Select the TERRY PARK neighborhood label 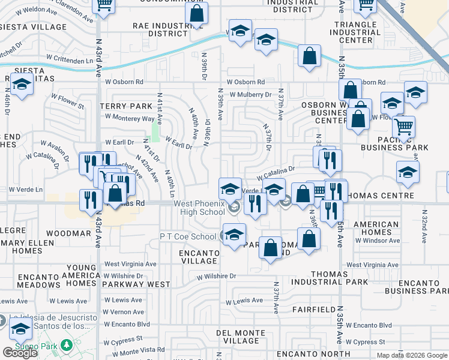[127, 106]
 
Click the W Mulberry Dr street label [249, 94]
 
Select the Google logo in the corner [20, 353]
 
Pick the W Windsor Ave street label [377, 241]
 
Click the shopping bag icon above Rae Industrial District [196, 14]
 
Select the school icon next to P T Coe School [234, 235]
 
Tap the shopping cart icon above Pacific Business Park [404, 127]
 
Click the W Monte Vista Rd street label [137, 350]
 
